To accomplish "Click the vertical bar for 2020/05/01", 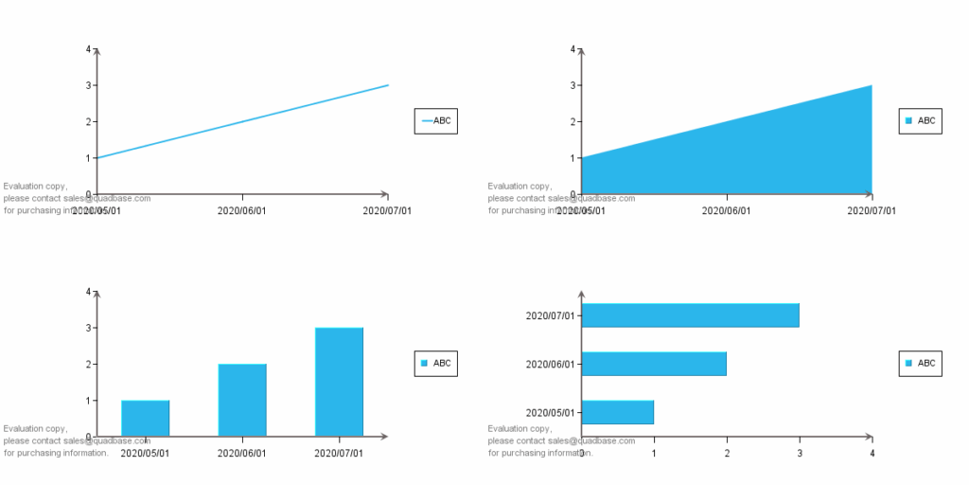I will pos(145,418).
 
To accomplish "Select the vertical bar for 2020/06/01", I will pos(242,400).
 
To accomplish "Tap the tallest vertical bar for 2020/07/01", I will pos(339,382).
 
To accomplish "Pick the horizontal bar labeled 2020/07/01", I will pos(690,315).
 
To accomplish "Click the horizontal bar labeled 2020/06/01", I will pos(654,364).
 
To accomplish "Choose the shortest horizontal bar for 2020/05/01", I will pos(617,412).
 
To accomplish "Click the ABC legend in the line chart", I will pos(435,120).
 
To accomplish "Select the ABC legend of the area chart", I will pos(920,120).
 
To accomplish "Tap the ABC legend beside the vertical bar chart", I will pos(435,363).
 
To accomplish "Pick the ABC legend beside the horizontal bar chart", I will pos(920,363).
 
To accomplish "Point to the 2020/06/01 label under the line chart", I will pos(242,210).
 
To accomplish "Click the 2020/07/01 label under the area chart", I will pos(872,210).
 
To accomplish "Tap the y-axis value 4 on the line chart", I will pos(89,49).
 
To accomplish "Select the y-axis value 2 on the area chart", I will pos(573,122).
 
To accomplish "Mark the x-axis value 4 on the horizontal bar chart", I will pos(872,453).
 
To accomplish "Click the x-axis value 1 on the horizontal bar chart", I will pos(654,453).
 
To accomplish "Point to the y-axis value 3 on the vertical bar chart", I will pos(89,328).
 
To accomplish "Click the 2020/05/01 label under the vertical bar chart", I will pos(145,453).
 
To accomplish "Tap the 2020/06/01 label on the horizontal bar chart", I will pos(550,364).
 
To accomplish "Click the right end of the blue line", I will pos(387,85).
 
